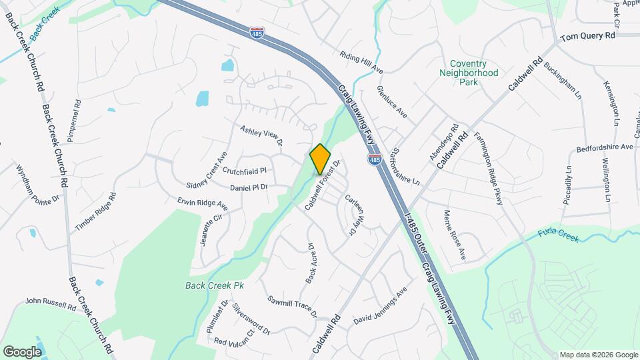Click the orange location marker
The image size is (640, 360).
(321, 159)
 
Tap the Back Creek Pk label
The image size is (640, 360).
(215, 285)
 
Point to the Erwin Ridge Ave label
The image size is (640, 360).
(203, 204)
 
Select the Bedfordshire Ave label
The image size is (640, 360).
(604, 147)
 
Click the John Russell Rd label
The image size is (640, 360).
(51, 303)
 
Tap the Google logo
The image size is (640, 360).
(22, 351)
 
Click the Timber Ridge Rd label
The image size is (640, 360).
(95, 212)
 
